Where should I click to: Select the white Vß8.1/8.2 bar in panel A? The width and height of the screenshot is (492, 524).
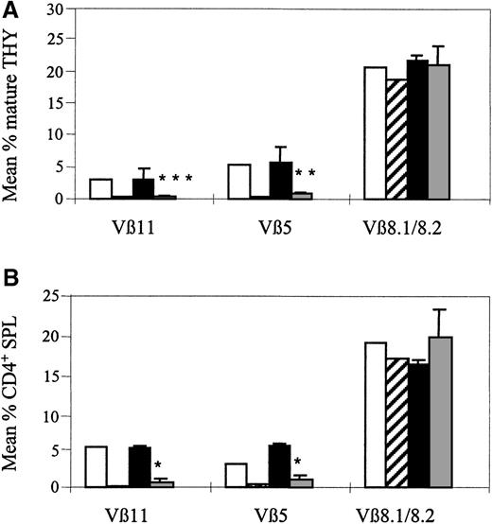point(375,133)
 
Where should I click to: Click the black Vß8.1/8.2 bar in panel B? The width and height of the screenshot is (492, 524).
point(417,425)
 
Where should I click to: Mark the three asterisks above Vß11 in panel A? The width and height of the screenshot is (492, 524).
point(176,178)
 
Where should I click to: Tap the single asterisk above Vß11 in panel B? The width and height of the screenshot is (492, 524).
point(159,464)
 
